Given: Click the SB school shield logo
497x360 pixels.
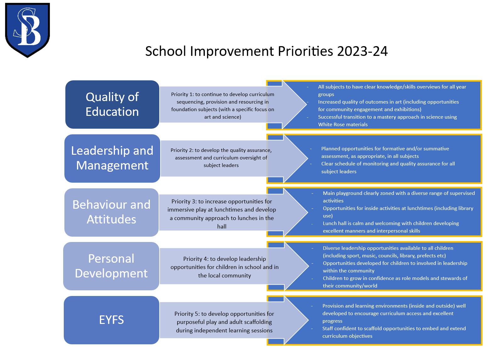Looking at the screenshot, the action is [x=28, y=30].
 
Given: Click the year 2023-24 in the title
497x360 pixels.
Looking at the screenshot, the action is [x=362, y=51].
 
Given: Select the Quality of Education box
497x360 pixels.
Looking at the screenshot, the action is [x=112, y=105].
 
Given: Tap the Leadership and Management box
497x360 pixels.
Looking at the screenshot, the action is [x=112, y=158].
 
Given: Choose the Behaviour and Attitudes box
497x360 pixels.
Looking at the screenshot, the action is [x=112, y=212].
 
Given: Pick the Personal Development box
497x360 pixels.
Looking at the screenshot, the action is [x=111, y=266].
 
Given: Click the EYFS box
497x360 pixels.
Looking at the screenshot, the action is [x=112, y=320].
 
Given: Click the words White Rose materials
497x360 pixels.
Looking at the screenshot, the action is [x=343, y=125].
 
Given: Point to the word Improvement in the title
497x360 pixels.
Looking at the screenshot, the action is [x=232, y=51].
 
